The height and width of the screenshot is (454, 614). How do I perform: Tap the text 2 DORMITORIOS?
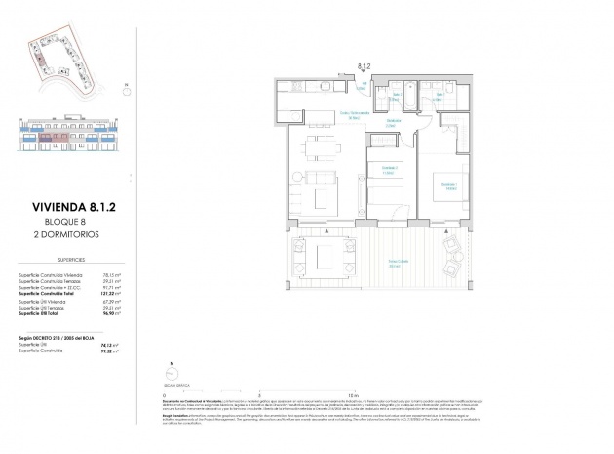tap(62, 235)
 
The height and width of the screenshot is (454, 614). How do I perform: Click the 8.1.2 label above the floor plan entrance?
tap(365, 66)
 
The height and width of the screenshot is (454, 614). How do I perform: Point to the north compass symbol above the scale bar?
tap(172, 369)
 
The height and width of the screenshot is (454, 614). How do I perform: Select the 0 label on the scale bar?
tap(166, 393)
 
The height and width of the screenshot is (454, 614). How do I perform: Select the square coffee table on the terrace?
tap(326, 256)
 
